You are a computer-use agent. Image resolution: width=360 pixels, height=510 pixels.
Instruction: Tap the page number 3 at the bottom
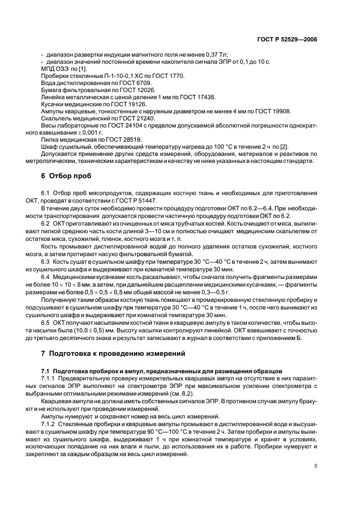315,466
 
